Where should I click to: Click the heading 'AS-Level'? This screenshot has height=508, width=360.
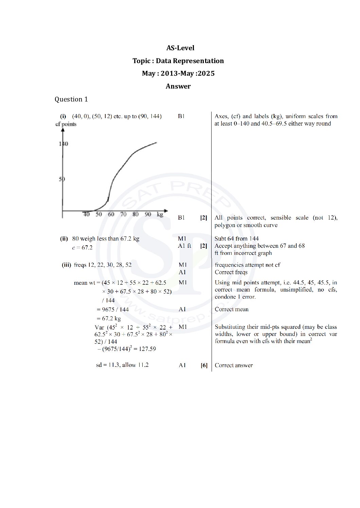pyautogui.click(x=180, y=48)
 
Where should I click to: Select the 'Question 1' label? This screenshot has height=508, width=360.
pyautogui.click(x=71, y=99)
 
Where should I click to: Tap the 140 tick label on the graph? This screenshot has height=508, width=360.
pyautogui.click(x=64, y=144)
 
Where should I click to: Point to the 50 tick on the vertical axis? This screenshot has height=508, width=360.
pyautogui.click(x=62, y=179)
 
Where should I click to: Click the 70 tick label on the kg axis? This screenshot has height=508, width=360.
pyautogui.click(x=123, y=214)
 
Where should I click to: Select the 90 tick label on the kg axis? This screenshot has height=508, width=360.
pyautogui.click(x=148, y=214)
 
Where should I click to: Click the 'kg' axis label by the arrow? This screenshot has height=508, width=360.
pyautogui.click(x=160, y=214)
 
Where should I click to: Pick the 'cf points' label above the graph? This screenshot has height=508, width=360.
pyautogui.click(x=66, y=124)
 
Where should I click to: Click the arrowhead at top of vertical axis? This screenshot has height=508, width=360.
pyautogui.click(x=63, y=130)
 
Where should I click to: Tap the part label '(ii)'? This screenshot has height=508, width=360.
pyautogui.click(x=64, y=239)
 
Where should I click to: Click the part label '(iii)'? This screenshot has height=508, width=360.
pyautogui.click(x=66, y=265)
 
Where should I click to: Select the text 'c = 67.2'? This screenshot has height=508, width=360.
pyautogui.click(x=82, y=248)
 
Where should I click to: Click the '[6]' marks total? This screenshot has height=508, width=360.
pyautogui.click(x=204, y=365)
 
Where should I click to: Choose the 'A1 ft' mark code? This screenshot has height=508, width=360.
pyautogui.click(x=184, y=246)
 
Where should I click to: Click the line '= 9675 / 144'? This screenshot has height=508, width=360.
pyautogui.click(x=112, y=309)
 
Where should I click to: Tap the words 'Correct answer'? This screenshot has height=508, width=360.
pyautogui.click(x=234, y=365)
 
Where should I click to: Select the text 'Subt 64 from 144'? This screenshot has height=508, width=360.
pyautogui.click(x=236, y=239)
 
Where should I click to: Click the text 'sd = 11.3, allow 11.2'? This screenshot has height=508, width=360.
pyautogui.click(x=122, y=365)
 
